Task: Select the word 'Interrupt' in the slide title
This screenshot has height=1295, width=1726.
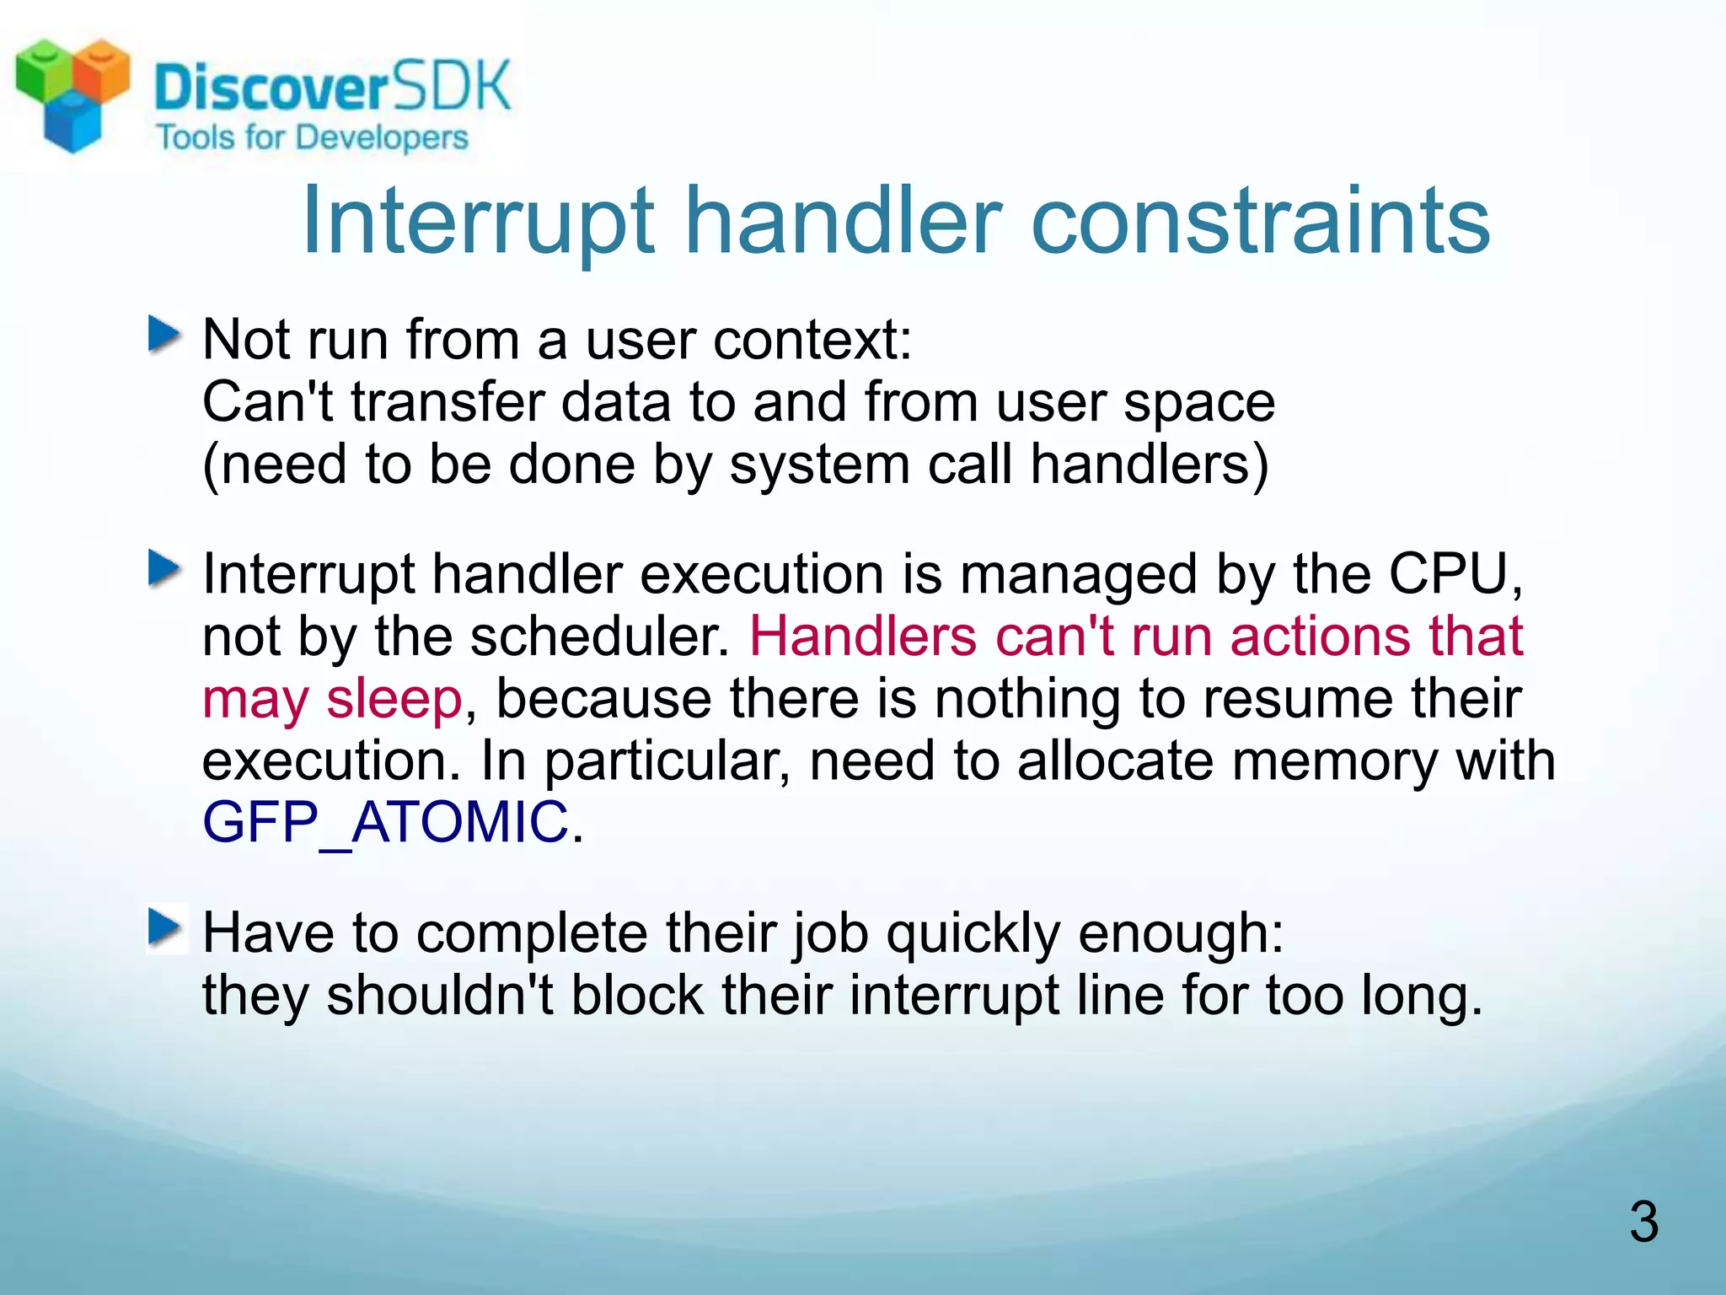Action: (478, 221)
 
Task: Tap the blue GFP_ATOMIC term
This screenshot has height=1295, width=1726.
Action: (386, 822)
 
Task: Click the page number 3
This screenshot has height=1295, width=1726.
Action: (1643, 1222)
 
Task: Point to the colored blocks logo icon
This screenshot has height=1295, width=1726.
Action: (72, 93)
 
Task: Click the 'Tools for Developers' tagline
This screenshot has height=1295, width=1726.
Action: (312, 137)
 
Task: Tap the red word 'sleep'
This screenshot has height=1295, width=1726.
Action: (394, 699)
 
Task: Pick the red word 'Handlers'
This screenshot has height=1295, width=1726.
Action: (862, 636)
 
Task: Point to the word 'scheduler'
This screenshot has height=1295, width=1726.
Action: (599, 636)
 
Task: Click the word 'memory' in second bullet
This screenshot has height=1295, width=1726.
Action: (1334, 760)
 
